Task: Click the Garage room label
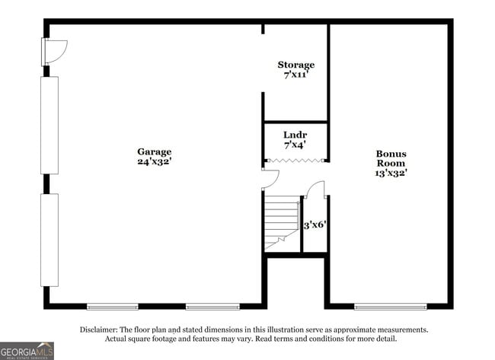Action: coord(154,151)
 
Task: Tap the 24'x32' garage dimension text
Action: coord(154,161)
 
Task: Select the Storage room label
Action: coord(295,65)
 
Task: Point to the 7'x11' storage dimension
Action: coord(295,75)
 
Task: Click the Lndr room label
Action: coord(295,134)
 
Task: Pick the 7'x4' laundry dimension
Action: coord(295,144)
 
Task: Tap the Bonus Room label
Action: coord(391,158)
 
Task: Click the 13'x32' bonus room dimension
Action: coord(391,173)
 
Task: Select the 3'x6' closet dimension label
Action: coord(315,225)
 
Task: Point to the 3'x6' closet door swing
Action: coord(315,190)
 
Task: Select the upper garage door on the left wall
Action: coord(49,126)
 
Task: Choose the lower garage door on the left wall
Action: coord(49,240)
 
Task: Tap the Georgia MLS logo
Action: coord(27,349)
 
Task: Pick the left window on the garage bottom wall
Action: coord(112,307)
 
